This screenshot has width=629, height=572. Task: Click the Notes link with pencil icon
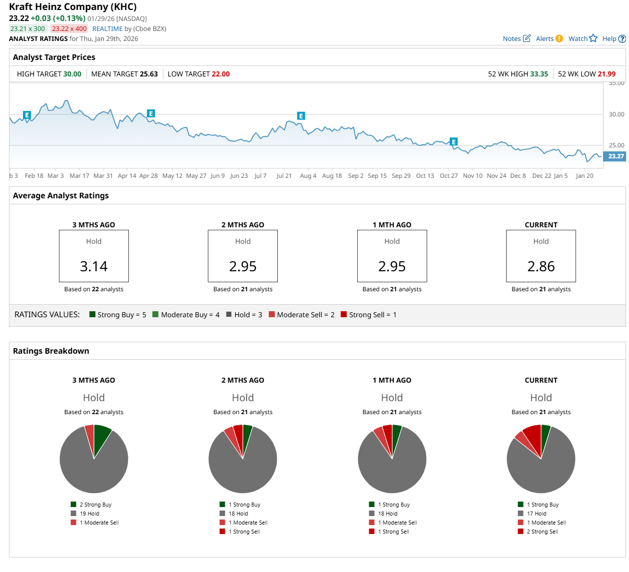[516, 38]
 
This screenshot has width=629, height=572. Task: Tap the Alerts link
[549, 38]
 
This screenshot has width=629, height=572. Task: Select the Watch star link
[583, 38]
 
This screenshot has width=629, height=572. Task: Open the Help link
[614, 38]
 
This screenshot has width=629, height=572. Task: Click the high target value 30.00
[72, 74]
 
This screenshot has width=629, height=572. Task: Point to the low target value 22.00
[220, 74]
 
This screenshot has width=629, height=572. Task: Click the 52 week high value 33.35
[539, 74]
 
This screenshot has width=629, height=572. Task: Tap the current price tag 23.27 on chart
[615, 156]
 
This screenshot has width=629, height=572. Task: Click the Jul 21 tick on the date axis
[284, 176]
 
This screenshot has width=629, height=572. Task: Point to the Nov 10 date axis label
[473, 176]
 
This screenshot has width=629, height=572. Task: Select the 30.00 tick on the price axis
[616, 114]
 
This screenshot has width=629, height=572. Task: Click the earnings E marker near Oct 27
[453, 142]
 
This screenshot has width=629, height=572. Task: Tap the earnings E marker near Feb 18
[27, 115]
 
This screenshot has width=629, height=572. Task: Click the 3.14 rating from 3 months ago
[94, 266]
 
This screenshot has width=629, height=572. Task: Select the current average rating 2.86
[541, 266]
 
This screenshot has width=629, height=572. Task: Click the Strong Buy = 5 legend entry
[117, 315]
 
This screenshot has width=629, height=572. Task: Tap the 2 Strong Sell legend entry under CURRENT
[542, 532]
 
